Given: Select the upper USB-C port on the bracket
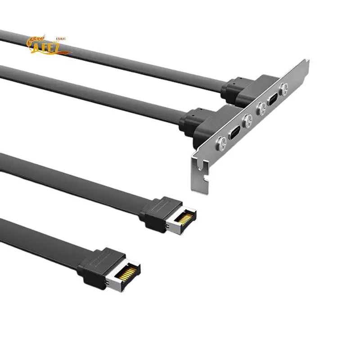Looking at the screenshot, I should (x=272, y=100).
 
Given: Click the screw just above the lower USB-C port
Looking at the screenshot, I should (x=247, y=120).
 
